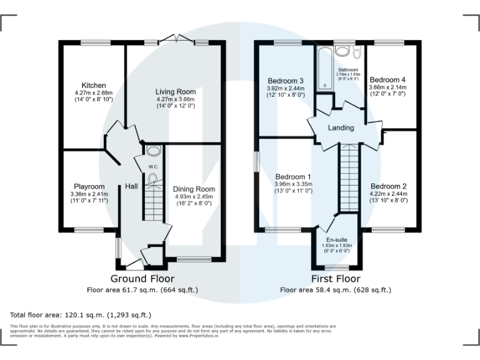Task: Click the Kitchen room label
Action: (x=94, y=85)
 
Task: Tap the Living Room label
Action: (x=176, y=92)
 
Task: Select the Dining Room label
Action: (x=194, y=189)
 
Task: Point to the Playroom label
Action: (x=89, y=186)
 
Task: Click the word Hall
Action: (x=132, y=186)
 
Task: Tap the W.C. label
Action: (x=152, y=166)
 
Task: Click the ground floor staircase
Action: (x=154, y=203)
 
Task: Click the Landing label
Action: (x=341, y=128)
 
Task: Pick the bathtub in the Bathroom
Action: (x=324, y=69)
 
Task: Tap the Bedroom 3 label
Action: (x=286, y=81)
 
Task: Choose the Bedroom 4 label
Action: (x=387, y=80)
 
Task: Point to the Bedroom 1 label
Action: (x=293, y=177)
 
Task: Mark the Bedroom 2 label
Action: (x=388, y=186)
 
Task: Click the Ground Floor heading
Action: (x=142, y=279)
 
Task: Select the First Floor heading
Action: (x=336, y=279)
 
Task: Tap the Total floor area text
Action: (x=81, y=314)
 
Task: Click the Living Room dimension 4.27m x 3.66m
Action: (x=176, y=99)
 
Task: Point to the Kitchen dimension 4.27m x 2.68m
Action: (x=94, y=92)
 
